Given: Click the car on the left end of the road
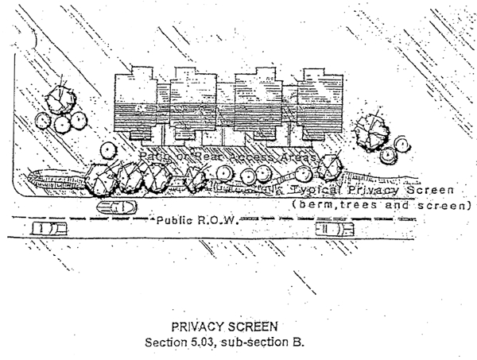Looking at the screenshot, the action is click(48, 229).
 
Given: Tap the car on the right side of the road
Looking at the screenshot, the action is click(333, 230).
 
